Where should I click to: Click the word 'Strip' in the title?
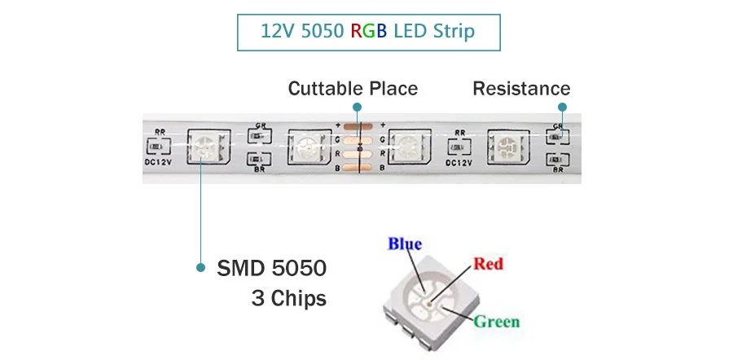[453, 32]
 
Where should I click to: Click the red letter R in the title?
[356, 32]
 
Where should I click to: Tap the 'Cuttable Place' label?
[353, 88]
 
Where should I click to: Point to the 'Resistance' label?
[521, 88]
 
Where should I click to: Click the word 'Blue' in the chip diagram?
[405, 244]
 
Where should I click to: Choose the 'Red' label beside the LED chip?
[488, 263]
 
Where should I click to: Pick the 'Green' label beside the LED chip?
[497, 321]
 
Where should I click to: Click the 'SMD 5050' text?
[271, 268]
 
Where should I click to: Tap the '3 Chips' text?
[288, 299]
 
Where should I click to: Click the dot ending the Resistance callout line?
[562, 107]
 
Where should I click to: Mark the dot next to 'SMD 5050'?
[201, 267]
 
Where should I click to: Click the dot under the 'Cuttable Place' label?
[355, 107]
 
